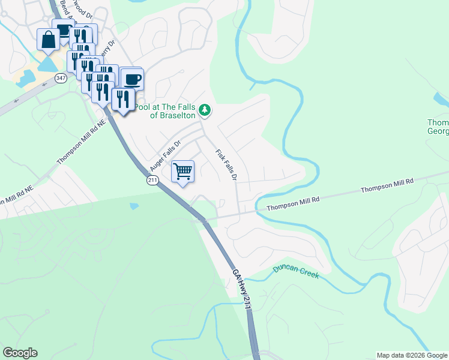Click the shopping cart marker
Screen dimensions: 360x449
pos(183,171)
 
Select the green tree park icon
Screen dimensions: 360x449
pos(205,110)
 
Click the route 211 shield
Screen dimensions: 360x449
pos(153,180)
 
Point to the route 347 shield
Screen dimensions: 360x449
pos(61,78)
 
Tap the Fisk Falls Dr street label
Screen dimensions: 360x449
pos(226,164)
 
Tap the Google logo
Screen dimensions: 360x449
pos(20,353)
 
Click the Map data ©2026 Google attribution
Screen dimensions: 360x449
pos(411,355)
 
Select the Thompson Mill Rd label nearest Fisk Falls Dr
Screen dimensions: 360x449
pos(292,203)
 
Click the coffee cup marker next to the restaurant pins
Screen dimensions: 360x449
pos(133,79)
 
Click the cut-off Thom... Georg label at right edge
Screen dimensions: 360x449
pos(438,127)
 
